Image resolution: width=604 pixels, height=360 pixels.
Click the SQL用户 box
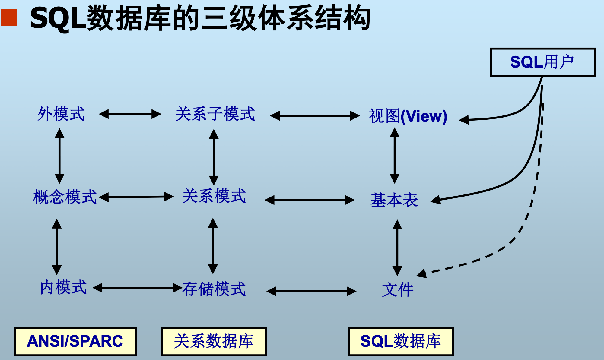(x=542, y=62)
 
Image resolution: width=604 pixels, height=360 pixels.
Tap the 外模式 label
(x=61, y=114)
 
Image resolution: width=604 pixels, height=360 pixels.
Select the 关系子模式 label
(x=215, y=114)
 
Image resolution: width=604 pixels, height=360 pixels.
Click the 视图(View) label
(x=408, y=116)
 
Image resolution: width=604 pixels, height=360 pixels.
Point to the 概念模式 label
(x=65, y=197)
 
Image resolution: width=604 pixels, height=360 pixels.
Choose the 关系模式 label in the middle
(x=214, y=196)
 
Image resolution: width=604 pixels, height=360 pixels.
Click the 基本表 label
(x=394, y=200)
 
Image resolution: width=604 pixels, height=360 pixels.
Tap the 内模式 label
(x=63, y=287)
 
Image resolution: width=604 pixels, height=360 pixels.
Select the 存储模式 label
(x=214, y=289)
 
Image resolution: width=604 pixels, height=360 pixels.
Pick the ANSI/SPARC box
(x=75, y=341)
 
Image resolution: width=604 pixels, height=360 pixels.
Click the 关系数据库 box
(x=214, y=341)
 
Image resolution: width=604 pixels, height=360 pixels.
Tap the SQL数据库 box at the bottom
(x=401, y=341)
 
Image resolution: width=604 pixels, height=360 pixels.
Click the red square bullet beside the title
(x=9, y=17)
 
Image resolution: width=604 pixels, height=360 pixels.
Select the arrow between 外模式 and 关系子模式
(x=130, y=114)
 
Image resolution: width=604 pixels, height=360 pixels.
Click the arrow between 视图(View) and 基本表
(x=395, y=156)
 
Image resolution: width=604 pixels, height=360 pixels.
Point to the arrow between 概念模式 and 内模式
(x=57, y=247)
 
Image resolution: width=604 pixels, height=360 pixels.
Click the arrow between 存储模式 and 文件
(x=311, y=291)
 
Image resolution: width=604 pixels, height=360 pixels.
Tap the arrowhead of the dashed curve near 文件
(x=421, y=273)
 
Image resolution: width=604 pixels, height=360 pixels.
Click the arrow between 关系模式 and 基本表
(x=310, y=200)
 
